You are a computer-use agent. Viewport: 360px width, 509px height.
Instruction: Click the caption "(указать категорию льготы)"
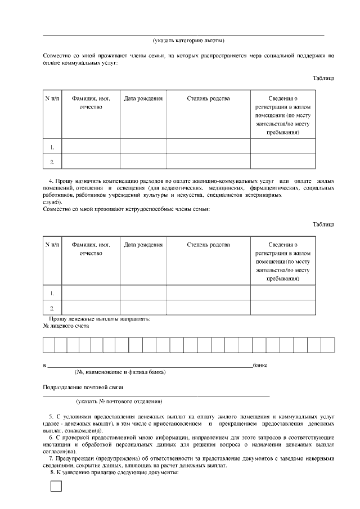pyautogui.click(x=189, y=40)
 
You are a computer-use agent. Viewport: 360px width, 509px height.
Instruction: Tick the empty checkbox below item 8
pyautogui.click(x=56, y=487)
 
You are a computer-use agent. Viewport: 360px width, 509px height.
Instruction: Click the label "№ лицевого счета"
pyautogui.click(x=66, y=326)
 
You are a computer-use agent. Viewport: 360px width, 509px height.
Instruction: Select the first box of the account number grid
pyautogui.click(x=49, y=345)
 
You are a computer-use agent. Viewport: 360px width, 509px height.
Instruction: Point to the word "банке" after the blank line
pyautogui.click(x=260, y=365)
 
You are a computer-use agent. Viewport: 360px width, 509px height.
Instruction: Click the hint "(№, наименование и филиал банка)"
pyautogui.click(x=120, y=372)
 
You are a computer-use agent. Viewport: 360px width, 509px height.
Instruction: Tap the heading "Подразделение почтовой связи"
pyautogui.click(x=83, y=387)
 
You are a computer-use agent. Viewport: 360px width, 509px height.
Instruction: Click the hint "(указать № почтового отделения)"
pyautogui.click(x=119, y=402)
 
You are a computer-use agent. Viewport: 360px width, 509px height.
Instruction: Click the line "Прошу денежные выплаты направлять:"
pyautogui.click(x=99, y=319)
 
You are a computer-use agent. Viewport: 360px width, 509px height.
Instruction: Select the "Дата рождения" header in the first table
pyautogui.click(x=143, y=98)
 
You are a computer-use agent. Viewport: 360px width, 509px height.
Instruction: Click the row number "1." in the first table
pyautogui.click(x=52, y=147)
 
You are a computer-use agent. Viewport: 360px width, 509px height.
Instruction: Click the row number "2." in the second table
pyautogui.click(x=52, y=308)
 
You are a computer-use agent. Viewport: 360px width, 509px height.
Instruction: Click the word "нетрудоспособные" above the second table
pyautogui.click(x=139, y=209)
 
